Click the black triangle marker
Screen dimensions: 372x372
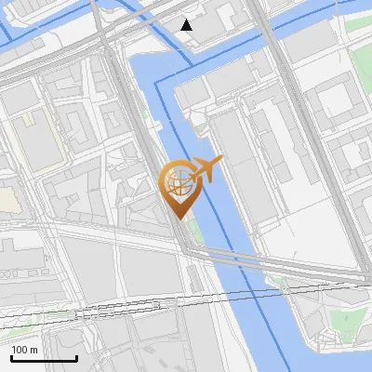pyautogui.click(x=187, y=25)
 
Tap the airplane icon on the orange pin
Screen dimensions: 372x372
pyautogui.click(x=206, y=169)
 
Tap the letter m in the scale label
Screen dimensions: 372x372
pyautogui.click(x=33, y=350)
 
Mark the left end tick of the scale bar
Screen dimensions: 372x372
pyautogui.click(x=10, y=358)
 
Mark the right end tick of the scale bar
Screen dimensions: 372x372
pyautogui.click(x=77, y=358)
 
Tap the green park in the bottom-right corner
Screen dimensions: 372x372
pyautogui.click(x=346, y=322)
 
